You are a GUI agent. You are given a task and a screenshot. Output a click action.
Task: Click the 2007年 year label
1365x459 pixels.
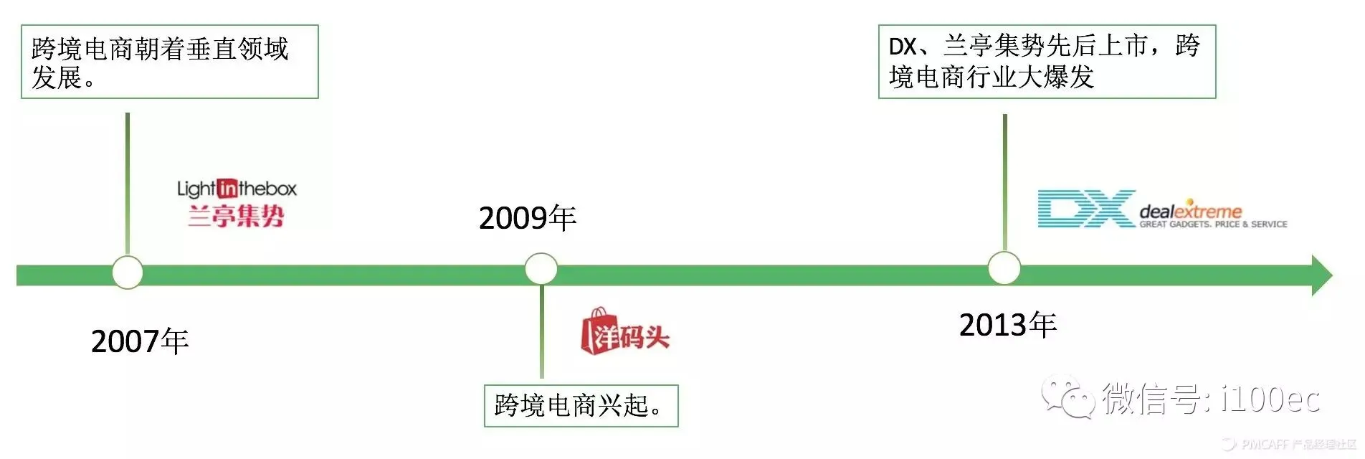pyautogui.click(x=140, y=341)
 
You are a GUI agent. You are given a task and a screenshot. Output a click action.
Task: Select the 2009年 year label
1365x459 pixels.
pyautogui.click(x=528, y=218)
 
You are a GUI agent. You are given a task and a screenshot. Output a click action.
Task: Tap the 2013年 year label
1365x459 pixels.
pyautogui.click(x=1008, y=325)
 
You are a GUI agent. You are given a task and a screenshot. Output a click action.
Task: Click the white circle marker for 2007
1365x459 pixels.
pyautogui.click(x=128, y=273)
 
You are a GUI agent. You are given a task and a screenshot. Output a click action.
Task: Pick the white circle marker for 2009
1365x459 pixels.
pyautogui.click(x=541, y=270)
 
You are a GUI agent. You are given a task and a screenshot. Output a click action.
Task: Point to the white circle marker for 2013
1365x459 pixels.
pyautogui.click(x=1004, y=269)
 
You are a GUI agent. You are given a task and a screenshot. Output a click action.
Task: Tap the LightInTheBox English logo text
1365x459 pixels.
pyautogui.click(x=237, y=189)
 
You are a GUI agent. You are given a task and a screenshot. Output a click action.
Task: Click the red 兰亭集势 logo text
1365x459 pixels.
pyautogui.click(x=237, y=215)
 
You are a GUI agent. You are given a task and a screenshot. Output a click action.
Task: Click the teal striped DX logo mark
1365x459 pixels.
pyautogui.click(x=1085, y=209)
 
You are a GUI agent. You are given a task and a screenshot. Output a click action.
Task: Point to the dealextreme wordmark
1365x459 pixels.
pyautogui.click(x=1190, y=211)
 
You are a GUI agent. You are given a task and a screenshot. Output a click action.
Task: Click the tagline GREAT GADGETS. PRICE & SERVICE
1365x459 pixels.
pyautogui.click(x=1213, y=224)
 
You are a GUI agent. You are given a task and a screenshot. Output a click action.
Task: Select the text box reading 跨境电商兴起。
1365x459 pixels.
pyautogui.click(x=581, y=406)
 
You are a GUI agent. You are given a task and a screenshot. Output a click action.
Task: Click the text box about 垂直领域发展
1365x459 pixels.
pyautogui.click(x=169, y=62)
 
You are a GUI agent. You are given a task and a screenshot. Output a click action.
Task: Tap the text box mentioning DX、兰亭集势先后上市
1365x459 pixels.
pyautogui.click(x=1047, y=62)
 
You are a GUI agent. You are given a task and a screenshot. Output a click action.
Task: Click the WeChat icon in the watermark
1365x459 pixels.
pyautogui.click(x=1068, y=397)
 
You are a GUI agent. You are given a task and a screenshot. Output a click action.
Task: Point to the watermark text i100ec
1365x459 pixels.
pyautogui.click(x=1270, y=399)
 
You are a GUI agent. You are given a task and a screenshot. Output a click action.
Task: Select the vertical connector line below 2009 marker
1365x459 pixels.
pyautogui.click(x=542, y=331)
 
